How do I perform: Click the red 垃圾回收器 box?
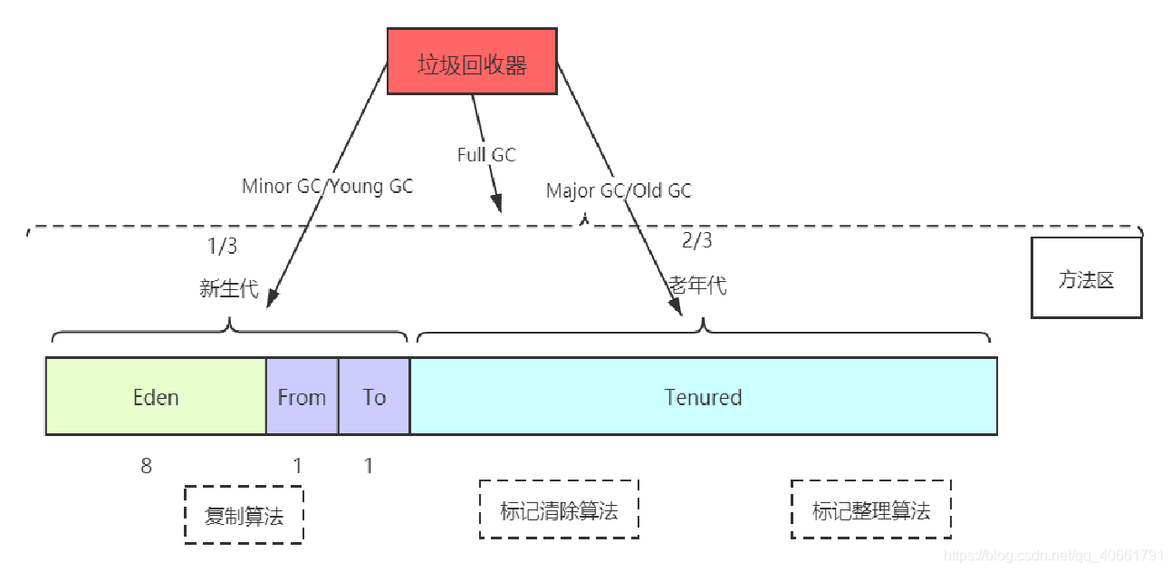(x=471, y=63)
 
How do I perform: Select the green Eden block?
(x=156, y=397)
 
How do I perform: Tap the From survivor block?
(x=302, y=397)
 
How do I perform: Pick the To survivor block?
(x=374, y=397)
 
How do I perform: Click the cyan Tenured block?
(x=703, y=397)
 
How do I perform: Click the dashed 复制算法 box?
(x=244, y=515)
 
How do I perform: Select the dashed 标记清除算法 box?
(x=559, y=510)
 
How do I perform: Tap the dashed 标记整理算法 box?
(x=870, y=510)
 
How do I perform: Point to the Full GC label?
(x=486, y=155)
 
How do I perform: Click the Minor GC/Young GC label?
(x=327, y=187)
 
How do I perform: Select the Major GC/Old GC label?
(x=619, y=190)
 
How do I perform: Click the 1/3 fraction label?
(x=222, y=246)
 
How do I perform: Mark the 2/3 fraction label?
(x=696, y=240)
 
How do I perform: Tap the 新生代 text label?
(x=228, y=289)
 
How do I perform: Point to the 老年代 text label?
(x=697, y=285)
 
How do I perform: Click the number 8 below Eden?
(x=146, y=466)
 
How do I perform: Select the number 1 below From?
(x=297, y=466)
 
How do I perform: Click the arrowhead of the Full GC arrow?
(x=496, y=203)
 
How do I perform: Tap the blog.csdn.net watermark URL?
(x=1053, y=555)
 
